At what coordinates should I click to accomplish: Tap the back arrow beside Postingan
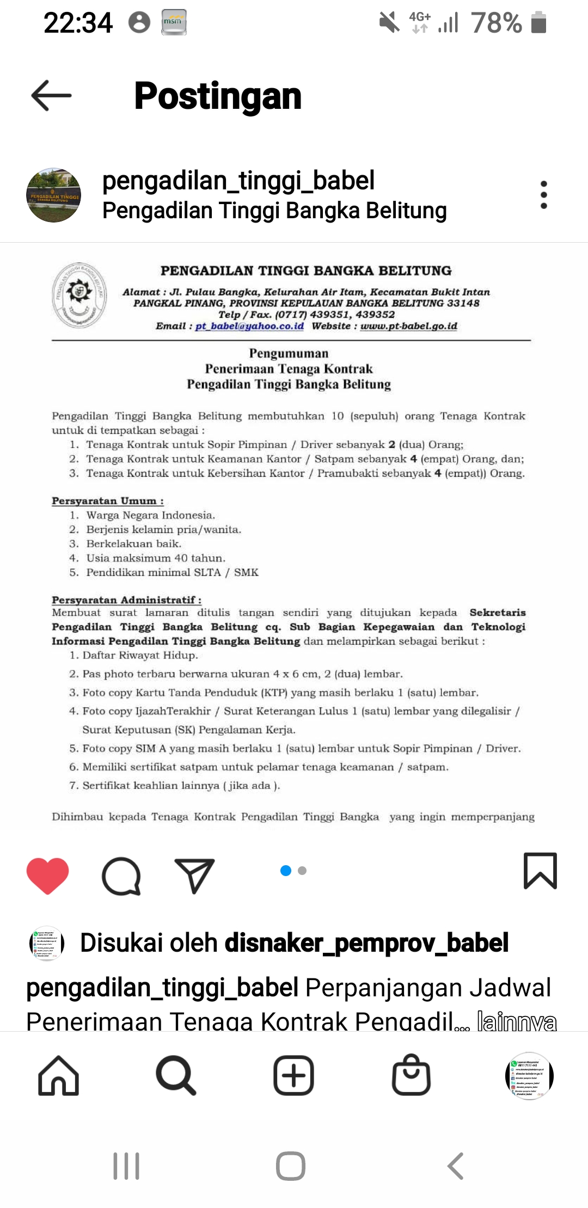pyautogui.click(x=52, y=96)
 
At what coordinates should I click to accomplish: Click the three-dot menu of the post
pyautogui.click(x=543, y=195)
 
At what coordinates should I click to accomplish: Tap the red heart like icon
pyautogui.click(x=48, y=875)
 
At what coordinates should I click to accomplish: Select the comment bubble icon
pyautogui.click(x=121, y=875)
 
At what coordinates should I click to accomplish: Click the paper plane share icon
pyautogui.click(x=194, y=875)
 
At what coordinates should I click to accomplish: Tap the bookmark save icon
pyautogui.click(x=540, y=871)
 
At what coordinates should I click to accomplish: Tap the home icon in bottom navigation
pyautogui.click(x=59, y=1075)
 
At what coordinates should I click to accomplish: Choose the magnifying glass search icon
pyautogui.click(x=176, y=1075)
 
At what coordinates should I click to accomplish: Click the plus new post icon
pyautogui.click(x=293, y=1075)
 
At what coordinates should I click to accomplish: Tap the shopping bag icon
pyautogui.click(x=411, y=1075)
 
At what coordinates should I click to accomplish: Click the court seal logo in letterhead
pyautogui.click(x=79, y=295)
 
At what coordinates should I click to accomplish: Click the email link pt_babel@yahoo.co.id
pyautogui.click(x=249, y=326)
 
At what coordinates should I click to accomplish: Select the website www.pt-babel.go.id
pyautogui.click(x=408, y=326)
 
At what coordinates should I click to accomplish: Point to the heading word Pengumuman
pyautogui.click(x=289, y=354)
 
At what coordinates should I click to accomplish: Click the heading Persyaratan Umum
pyautogui.click(x=107, y=501)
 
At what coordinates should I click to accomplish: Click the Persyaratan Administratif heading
pyautogui.click(x=126, y=600)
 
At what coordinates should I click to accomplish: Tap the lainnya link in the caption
pyautogui.click(x=516, y=1021)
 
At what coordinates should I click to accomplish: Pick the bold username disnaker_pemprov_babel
pyautogui.click(x=366, y=942)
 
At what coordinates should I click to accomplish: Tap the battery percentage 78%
pyautogui.click(x=497, y=23)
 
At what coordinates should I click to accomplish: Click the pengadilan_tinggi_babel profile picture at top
pyautogui.click(x=53, y=195)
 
